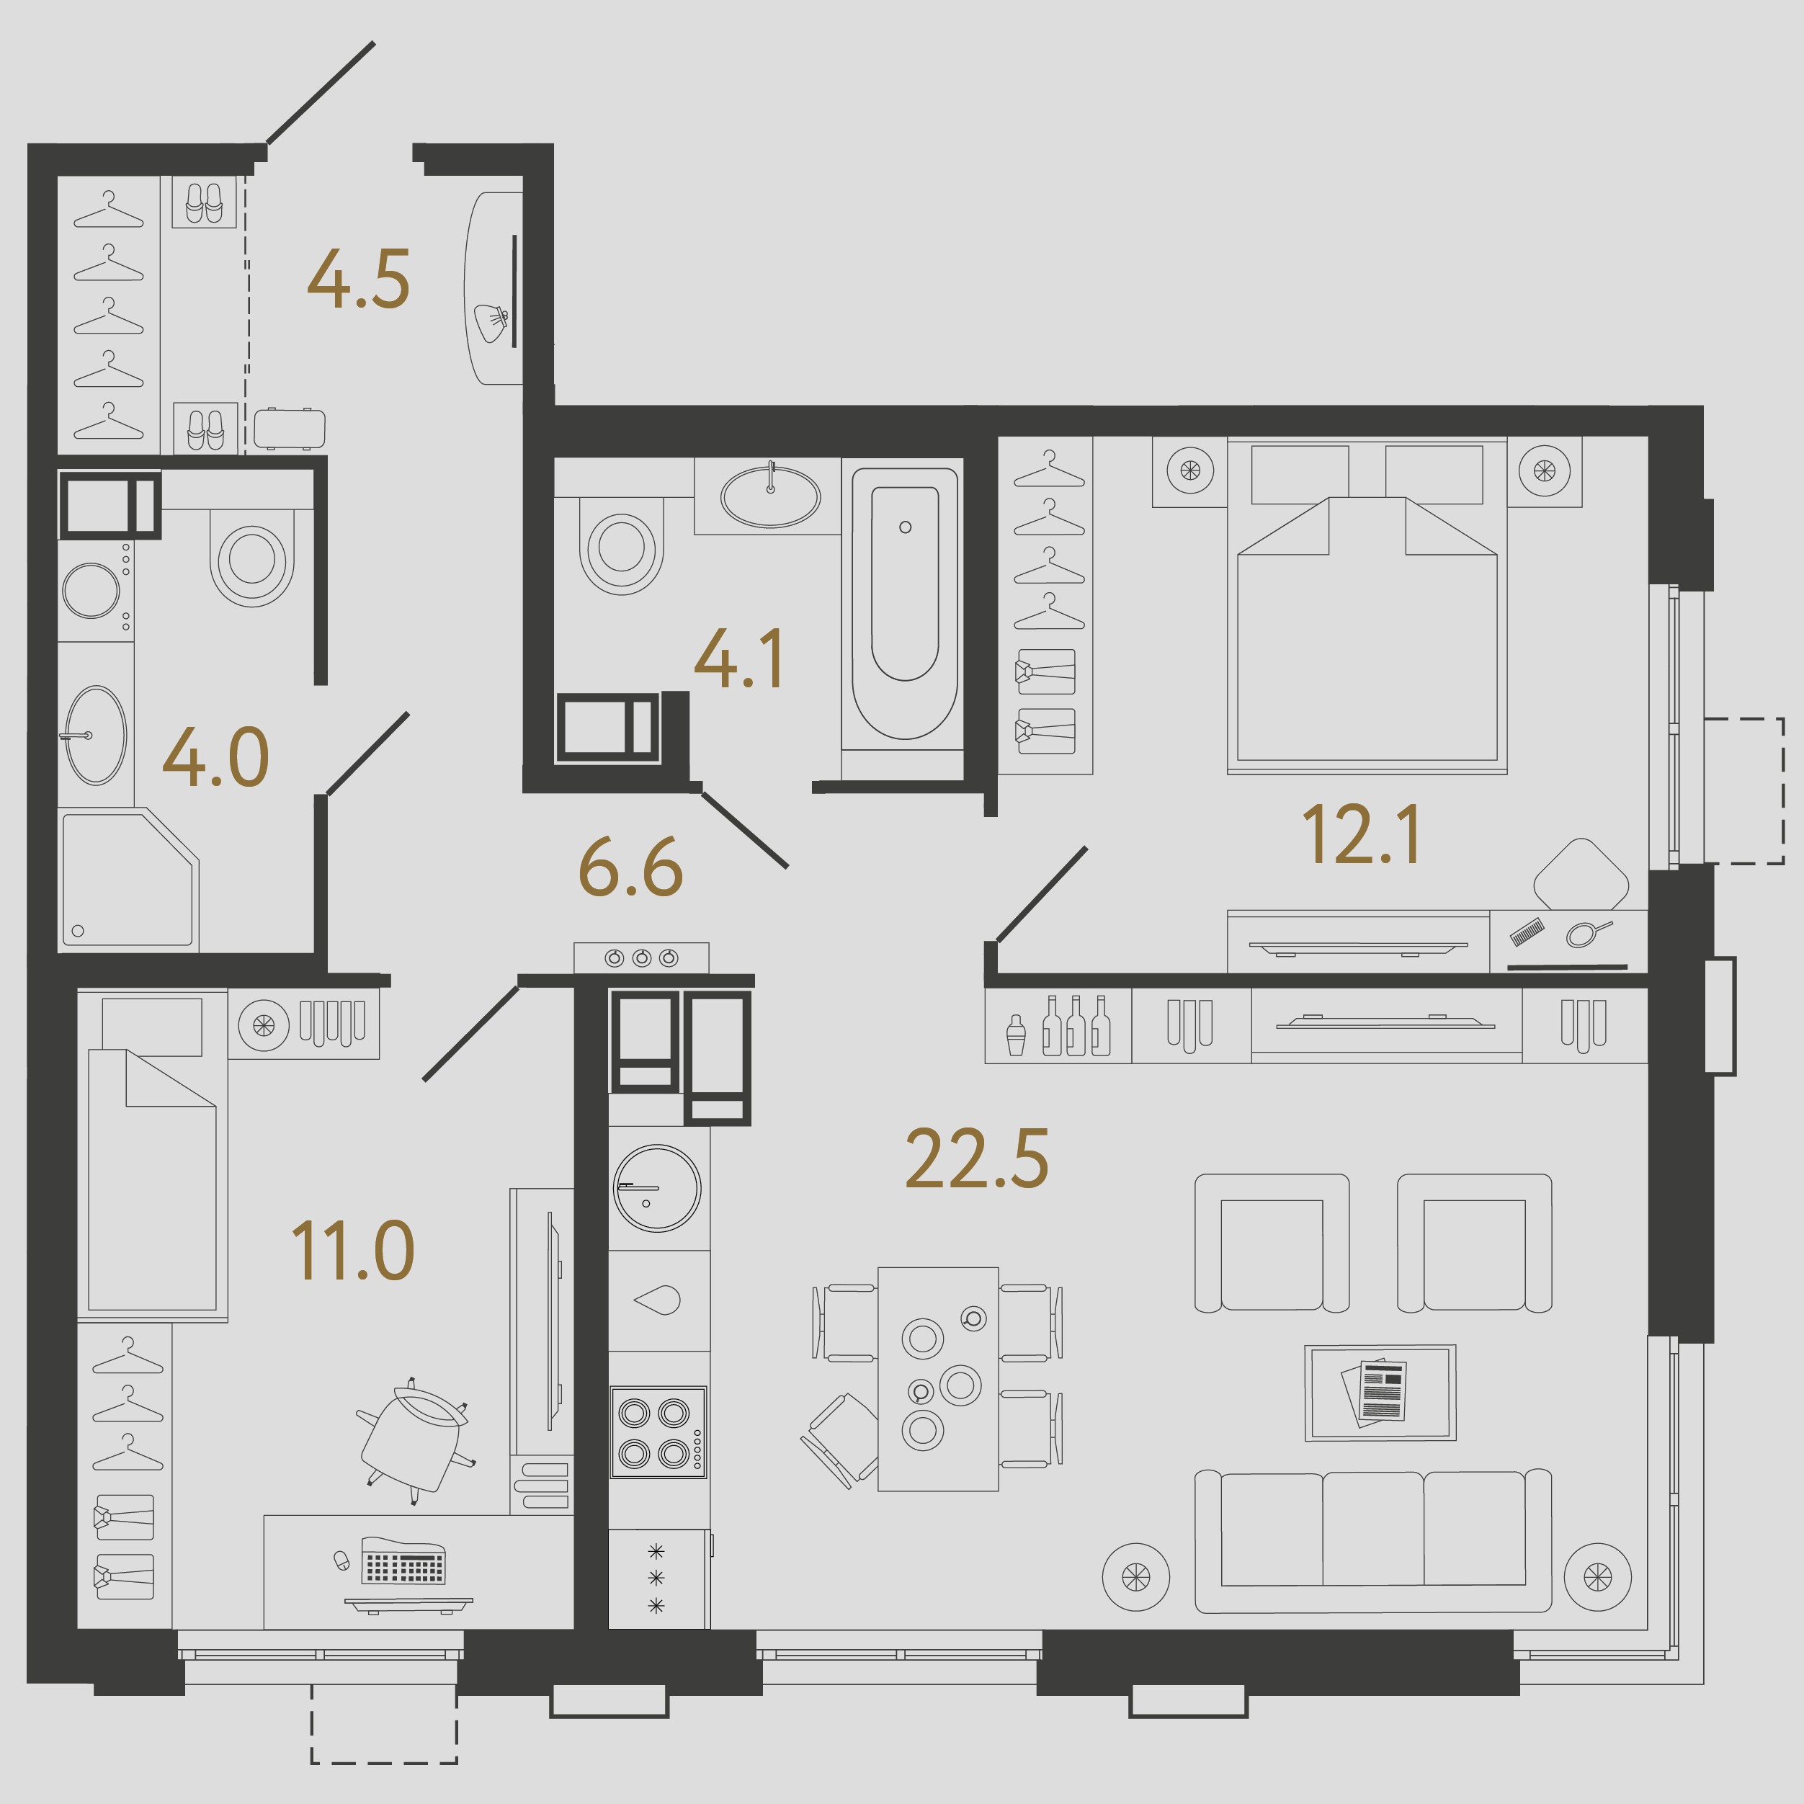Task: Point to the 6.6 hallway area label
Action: click(x=630, y=867)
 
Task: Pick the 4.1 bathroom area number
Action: click(x=738, y=659)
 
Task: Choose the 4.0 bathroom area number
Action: click(x=215, y=757)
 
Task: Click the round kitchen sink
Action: click(x=656, y=1189)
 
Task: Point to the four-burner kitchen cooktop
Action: click(x=658, y=1432)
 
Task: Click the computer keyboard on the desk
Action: click(x=403, y=1561)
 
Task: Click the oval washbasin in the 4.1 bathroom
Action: click(x=770, y=496)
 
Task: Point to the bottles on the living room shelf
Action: click(x=1076, y=1025)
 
